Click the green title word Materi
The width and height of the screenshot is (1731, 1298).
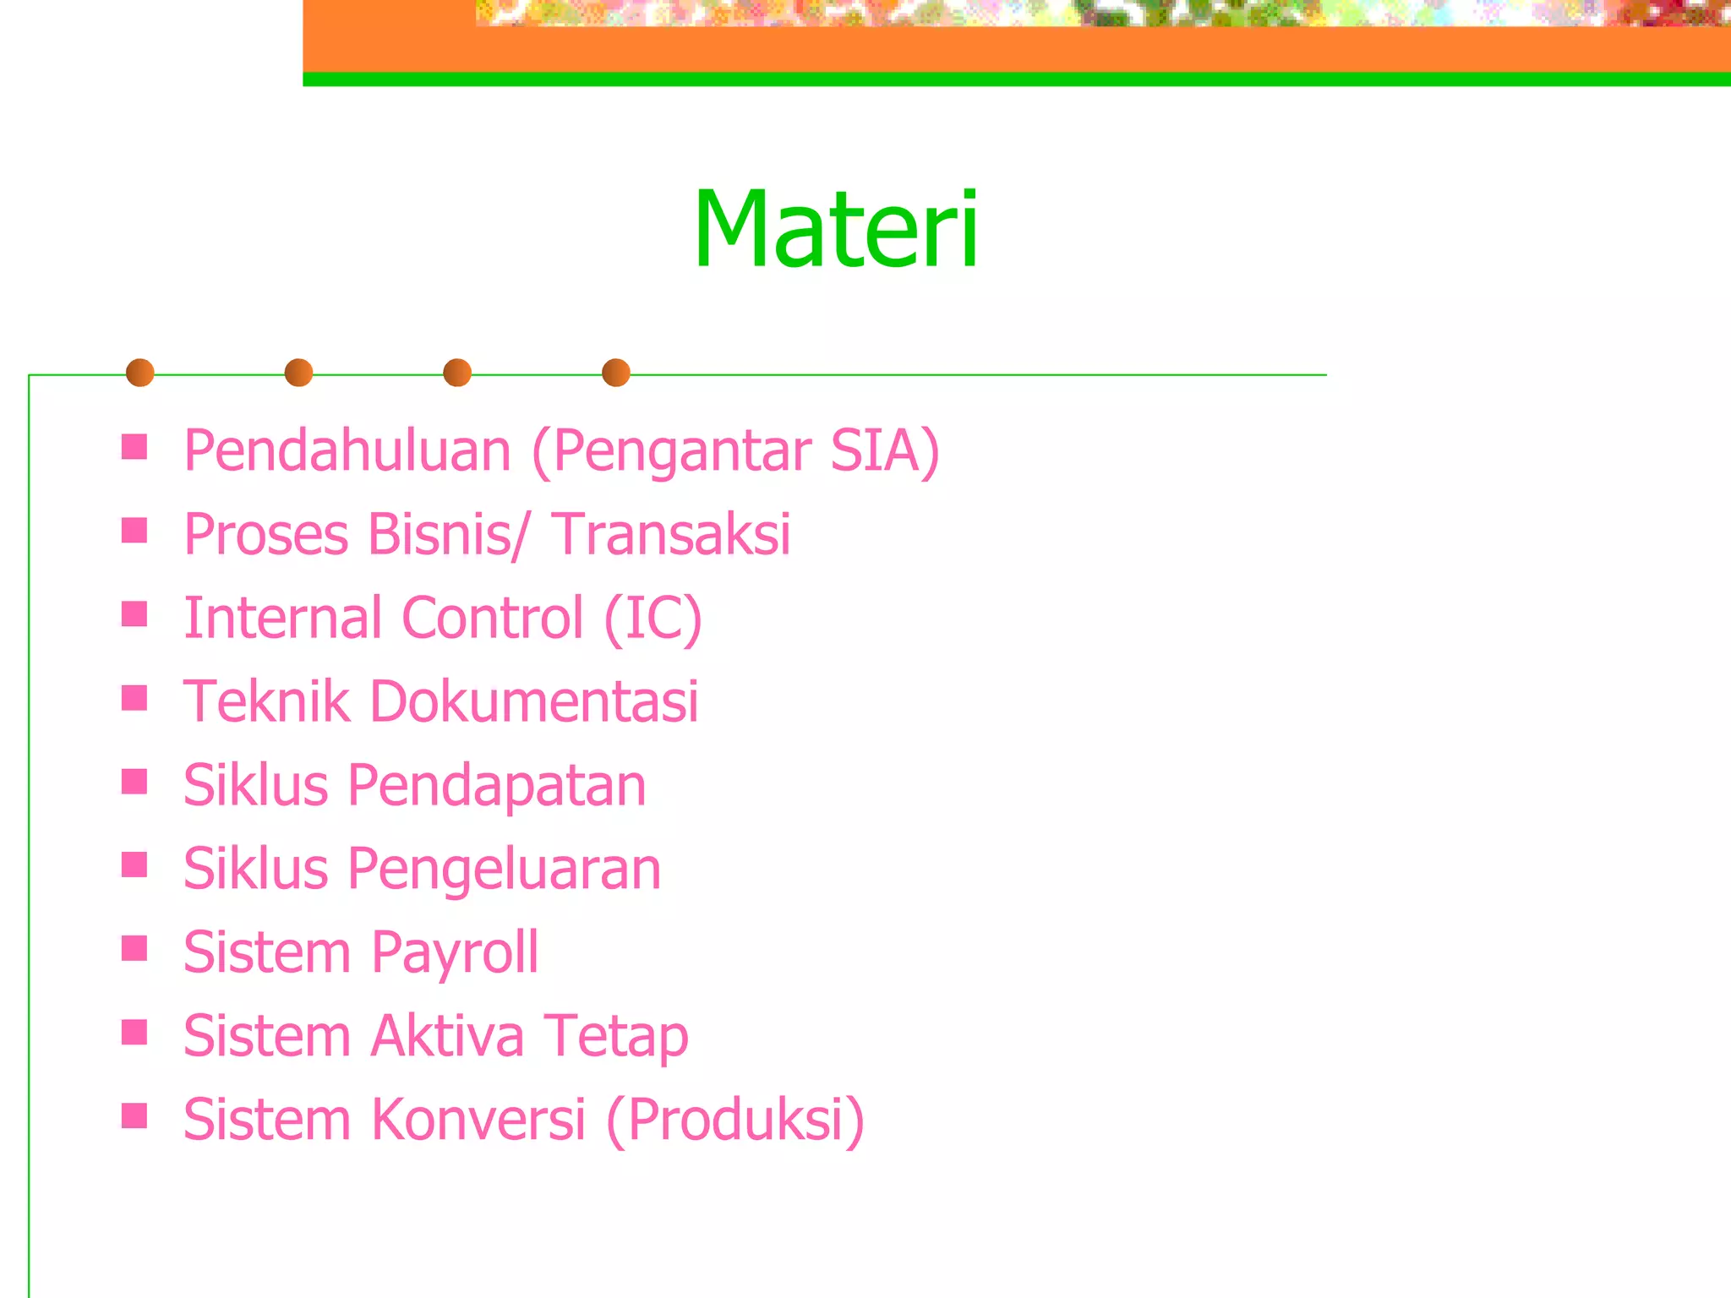click(x=836, y=230)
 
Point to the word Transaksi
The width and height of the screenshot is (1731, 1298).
click(x=672, y=535)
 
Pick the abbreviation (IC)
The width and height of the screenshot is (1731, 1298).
click(x=653, y=618)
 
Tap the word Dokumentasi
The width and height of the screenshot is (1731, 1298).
click(x=534, y=701)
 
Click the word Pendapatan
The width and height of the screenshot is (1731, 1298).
click(x=496, y=786)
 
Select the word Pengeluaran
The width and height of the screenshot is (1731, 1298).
click(x=504, y=870)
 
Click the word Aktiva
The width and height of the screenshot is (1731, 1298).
click(x=447, y=1036)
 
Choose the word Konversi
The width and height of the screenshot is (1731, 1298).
click(x=478, y=1120)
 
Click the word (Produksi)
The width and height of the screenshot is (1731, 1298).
click(x=735, y=1120)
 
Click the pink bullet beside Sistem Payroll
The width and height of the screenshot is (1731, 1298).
click(x=134, y=948)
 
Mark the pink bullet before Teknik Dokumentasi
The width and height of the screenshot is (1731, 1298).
click(x=134, y=698)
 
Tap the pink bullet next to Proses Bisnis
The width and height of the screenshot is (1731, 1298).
click(x=134, y=531)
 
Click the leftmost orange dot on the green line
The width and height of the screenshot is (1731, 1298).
click(x=140, y=373)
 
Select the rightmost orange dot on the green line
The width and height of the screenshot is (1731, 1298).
click(x=616, y=373)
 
